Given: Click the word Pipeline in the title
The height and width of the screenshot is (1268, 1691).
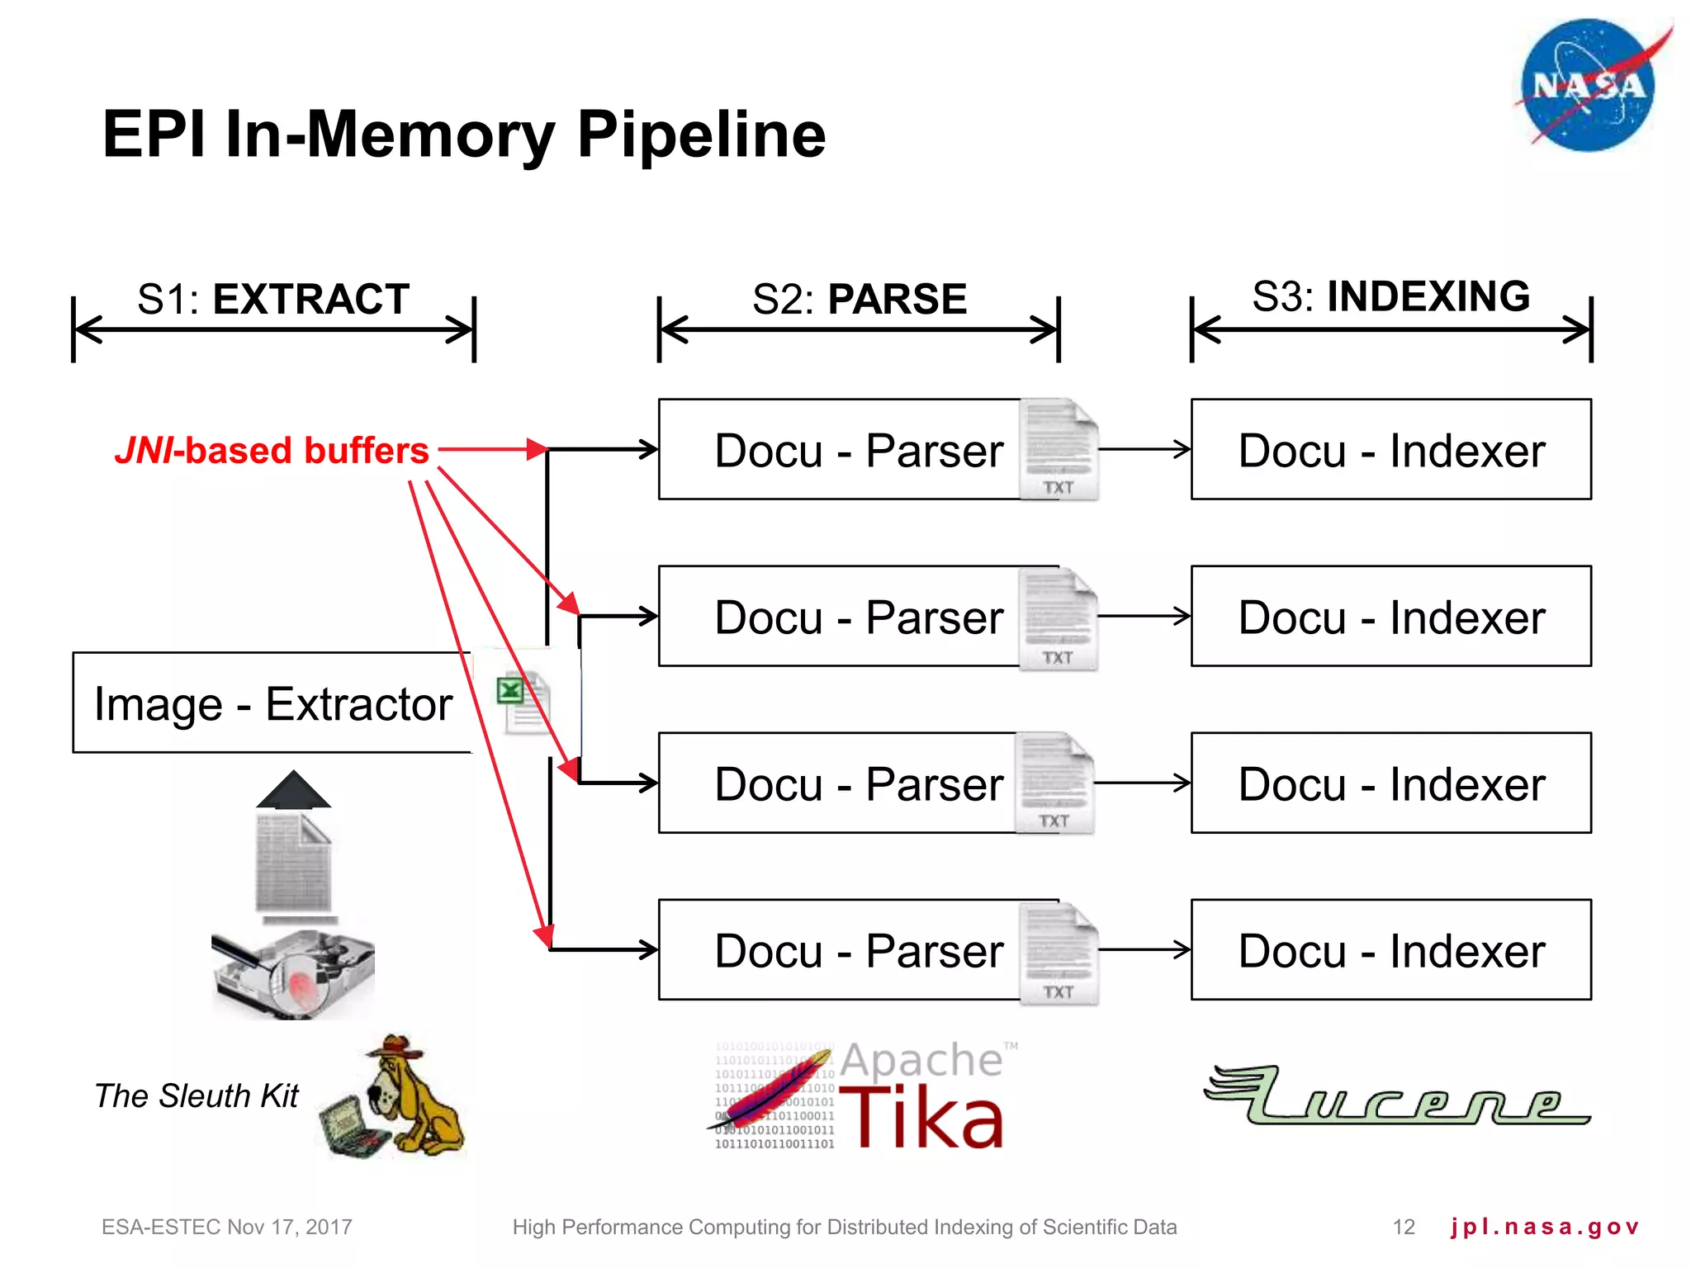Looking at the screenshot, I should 701,135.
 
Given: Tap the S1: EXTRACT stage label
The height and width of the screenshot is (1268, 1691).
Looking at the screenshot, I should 273,299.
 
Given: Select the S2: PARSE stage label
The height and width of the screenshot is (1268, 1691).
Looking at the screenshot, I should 859,299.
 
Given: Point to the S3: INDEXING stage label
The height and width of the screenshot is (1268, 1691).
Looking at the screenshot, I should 1390,296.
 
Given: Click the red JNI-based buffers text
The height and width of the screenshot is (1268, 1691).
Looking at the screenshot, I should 272,451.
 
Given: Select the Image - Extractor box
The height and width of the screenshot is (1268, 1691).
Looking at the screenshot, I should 272,703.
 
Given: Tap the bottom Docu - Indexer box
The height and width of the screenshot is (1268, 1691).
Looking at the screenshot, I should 1390,950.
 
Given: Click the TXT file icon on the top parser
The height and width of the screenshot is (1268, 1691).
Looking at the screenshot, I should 1059,450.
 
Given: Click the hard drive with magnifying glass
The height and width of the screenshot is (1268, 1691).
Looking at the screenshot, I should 293,974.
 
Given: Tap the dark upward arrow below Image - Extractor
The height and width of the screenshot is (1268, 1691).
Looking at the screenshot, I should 293,790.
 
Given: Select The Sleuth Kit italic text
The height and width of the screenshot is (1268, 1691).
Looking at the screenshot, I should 197,1095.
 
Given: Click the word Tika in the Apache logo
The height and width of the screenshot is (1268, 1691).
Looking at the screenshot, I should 921,1119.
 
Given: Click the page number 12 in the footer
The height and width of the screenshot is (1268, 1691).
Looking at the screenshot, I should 1404,1227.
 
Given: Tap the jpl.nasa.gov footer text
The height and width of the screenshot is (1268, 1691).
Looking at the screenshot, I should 1544,1227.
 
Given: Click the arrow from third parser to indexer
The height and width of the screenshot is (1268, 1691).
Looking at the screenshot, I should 1143,783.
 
